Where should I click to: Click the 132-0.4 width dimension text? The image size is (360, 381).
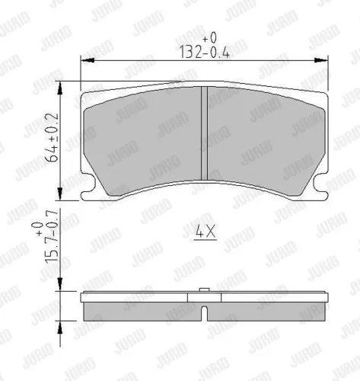pos(205,52)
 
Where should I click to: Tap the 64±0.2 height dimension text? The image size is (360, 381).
pos(52,137)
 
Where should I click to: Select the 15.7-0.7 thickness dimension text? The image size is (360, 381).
pos(53,236)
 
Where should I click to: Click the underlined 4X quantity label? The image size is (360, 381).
pos(205,232)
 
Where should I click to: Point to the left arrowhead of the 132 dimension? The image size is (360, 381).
pos(88,60)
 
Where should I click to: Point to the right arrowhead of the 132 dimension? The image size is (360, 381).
pos(321,60)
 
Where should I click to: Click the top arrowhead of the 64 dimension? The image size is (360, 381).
pos(60,88)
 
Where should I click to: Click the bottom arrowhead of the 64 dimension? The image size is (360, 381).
pos(60,194)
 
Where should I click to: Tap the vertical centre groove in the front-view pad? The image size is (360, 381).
pos(204,133)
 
